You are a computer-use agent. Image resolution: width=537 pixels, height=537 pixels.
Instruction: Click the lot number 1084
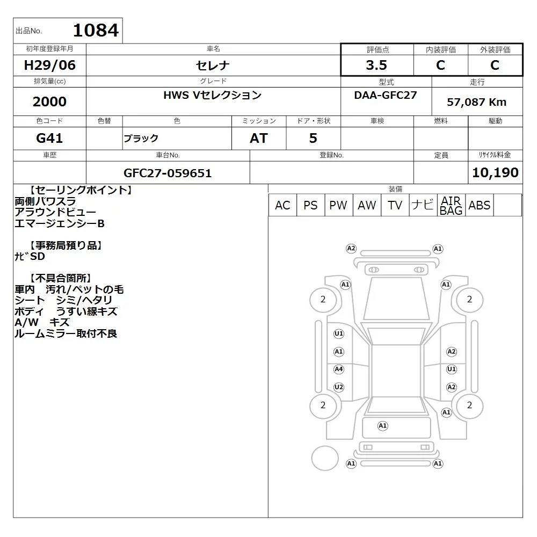click(96, 30)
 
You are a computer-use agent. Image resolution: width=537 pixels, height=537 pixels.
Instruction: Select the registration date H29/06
click(49, 65)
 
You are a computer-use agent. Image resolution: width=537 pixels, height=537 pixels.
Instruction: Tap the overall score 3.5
click(376, 65)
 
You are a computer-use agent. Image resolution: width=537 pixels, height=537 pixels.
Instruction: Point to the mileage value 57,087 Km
click(476, 102)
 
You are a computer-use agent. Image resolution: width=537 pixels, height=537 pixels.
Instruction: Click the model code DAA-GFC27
click(386, 95)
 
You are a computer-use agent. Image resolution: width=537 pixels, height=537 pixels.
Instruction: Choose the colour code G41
click(49, 138)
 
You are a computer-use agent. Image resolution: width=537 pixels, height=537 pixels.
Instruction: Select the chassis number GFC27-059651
click(168, 173)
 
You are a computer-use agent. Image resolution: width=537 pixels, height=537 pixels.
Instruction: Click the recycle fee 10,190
click(495, 172)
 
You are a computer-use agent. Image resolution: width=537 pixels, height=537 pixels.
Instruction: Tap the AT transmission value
click(259, 138)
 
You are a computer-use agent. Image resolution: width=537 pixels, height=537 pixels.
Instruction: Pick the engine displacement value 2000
click(49, 101)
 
